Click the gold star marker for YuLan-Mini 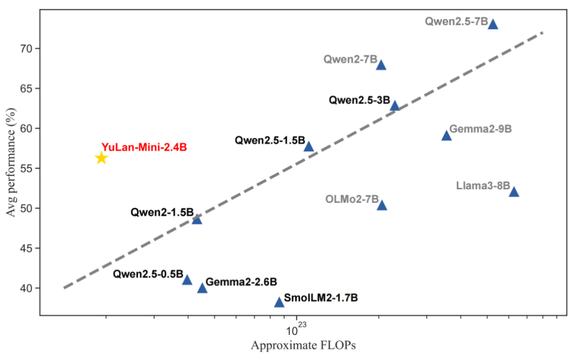101,158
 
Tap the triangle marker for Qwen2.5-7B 493,24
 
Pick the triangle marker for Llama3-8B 513,192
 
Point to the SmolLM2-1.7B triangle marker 279,302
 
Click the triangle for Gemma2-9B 446,136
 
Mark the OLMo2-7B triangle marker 382,206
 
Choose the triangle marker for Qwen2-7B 381,65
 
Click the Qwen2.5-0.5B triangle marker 187,280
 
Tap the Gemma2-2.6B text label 241,281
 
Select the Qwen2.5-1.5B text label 270,140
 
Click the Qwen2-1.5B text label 162,212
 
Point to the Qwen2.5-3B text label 359,100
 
